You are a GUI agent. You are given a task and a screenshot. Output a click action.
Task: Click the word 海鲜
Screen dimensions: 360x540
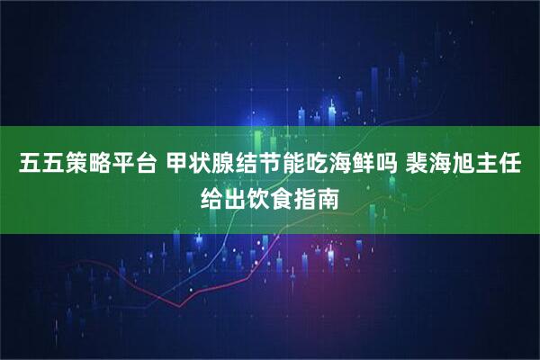[x=362, y=166]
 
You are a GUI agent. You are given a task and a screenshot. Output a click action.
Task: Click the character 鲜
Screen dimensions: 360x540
[x=373, y=166]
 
